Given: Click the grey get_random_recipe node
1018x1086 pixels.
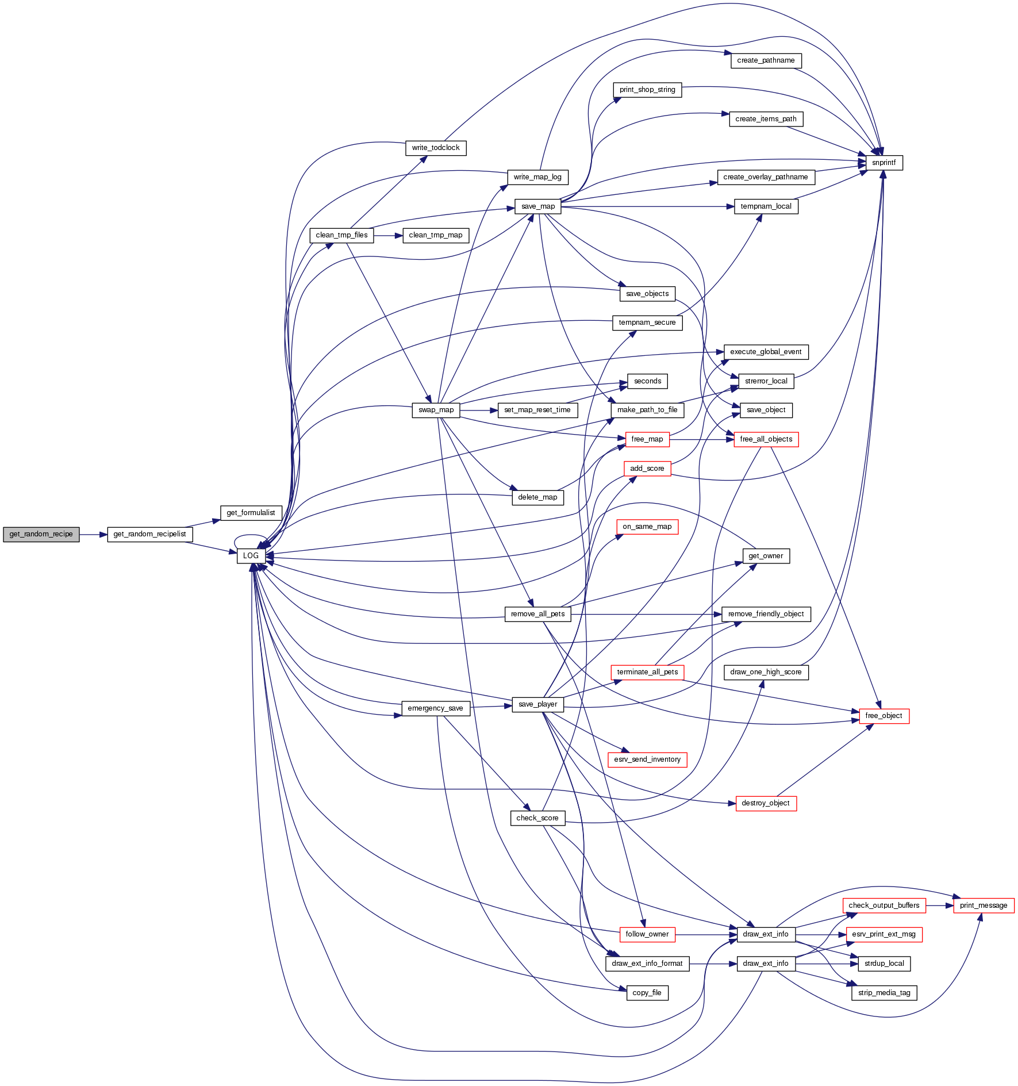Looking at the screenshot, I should tap(41, 534).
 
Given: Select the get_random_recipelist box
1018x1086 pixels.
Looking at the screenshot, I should tap(149, 534).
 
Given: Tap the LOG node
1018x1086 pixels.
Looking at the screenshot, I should tap(251, 556).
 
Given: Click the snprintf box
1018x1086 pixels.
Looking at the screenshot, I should tap(883, 163).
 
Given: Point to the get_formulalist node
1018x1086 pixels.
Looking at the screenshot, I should tap(251, 513).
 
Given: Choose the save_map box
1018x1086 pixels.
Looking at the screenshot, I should tap(537, 206).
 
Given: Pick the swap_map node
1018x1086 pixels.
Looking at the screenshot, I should tap(436, 410).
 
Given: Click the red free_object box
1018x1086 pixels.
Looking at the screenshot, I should tap(883, 716).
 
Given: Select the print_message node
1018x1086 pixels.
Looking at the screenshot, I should tap(983, 905).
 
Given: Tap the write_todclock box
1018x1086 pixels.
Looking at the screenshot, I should tap(436, 148).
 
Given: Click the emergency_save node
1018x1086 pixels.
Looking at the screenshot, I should tap(435, 708).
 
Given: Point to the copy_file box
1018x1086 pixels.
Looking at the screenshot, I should tap(647, 993).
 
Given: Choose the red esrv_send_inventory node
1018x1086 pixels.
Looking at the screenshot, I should tap(647, 759).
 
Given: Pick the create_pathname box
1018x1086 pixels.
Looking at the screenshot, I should tap(766, 60).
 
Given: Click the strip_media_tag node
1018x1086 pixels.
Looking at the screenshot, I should tap(883, 993).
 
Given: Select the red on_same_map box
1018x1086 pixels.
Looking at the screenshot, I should tap(647, 527).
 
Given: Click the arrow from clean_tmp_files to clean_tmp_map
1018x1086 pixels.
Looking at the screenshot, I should tap(388, 236).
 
